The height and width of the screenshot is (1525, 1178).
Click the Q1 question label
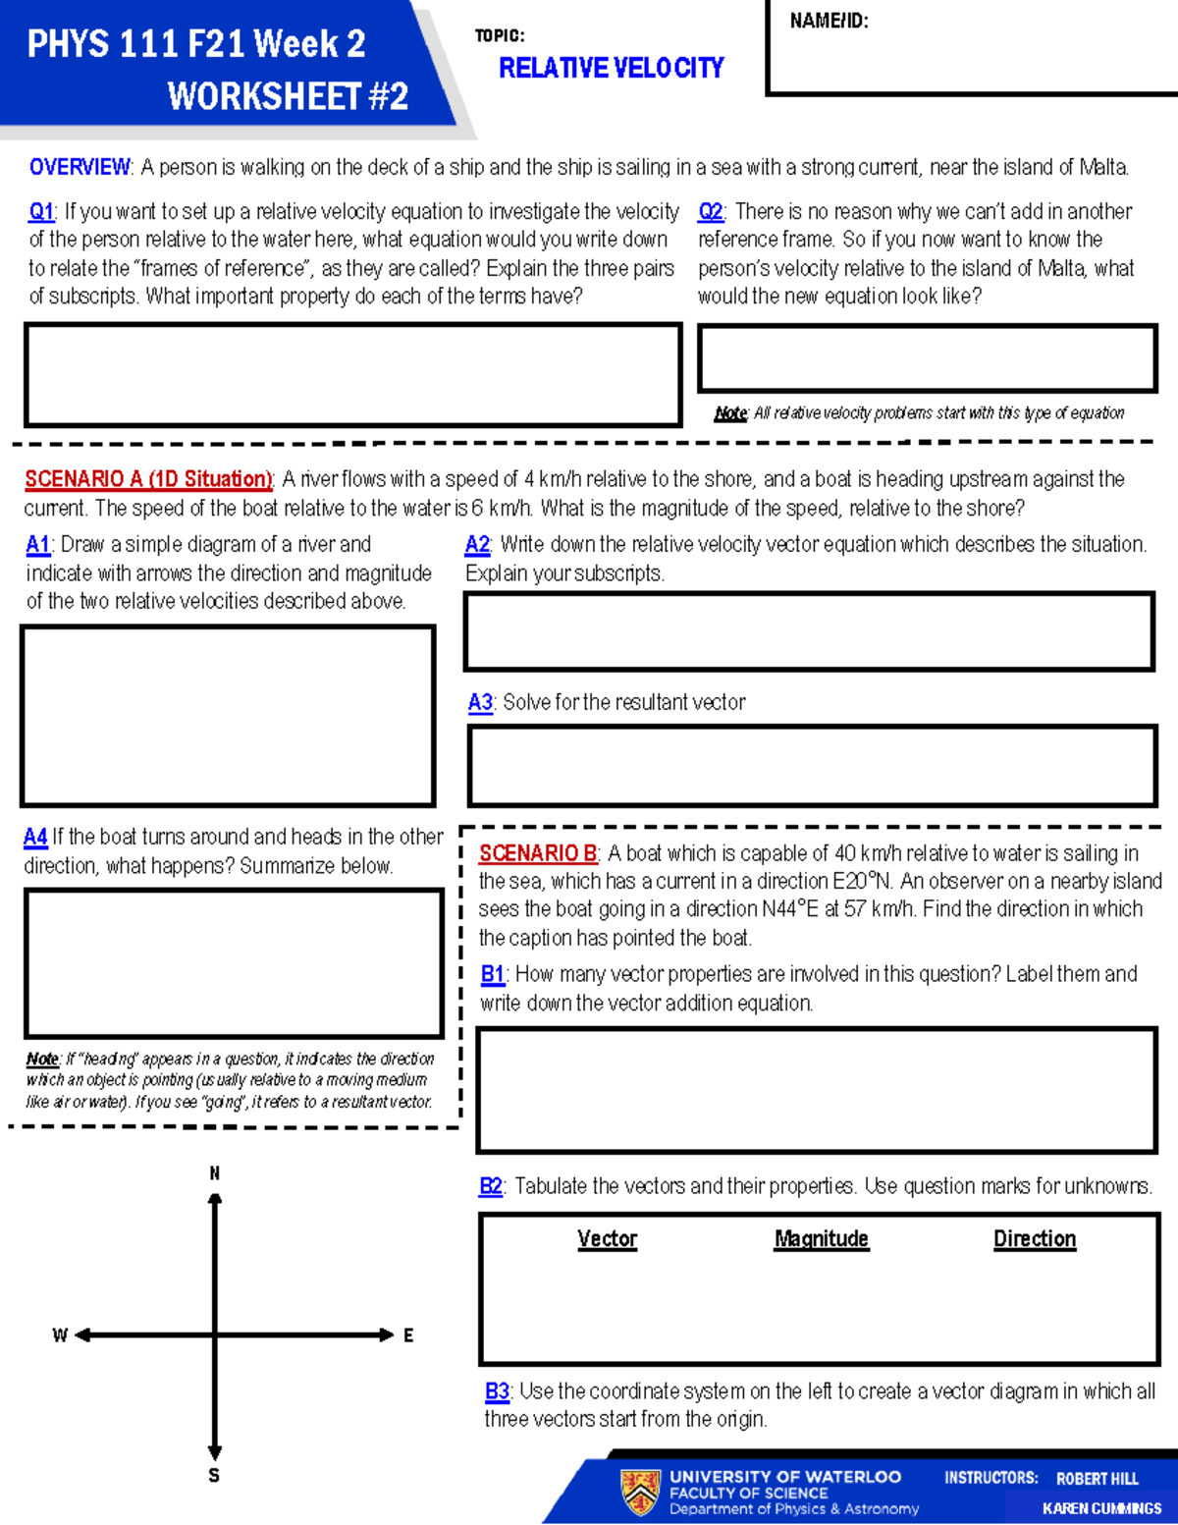(41, 212)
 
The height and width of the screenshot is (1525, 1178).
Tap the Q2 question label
(711, 212)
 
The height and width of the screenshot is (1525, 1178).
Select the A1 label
(38, 545)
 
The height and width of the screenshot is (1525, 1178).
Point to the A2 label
(478, 545)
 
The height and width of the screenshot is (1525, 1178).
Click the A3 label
(480, 703)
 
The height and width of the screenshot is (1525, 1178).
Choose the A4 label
(35, 838)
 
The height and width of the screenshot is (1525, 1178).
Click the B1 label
(493, 974)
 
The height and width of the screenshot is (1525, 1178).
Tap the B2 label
(491, 1186)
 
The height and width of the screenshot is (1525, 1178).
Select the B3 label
(497, 1391)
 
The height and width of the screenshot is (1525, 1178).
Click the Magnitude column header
(822, 1239)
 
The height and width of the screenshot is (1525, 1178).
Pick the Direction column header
(1035, 1239)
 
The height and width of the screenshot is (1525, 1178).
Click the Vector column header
(607, 1239)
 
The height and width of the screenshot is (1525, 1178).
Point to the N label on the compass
(215, 1173)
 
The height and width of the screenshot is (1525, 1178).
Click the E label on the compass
(408, 1335)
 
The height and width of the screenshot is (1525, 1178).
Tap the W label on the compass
(60, 1335)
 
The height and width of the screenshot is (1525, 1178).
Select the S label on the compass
(214, 1475)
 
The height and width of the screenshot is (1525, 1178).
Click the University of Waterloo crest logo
(641, 1492)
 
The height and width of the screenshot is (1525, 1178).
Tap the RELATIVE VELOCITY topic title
(611, 68)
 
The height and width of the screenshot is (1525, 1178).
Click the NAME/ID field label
(829, 21)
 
